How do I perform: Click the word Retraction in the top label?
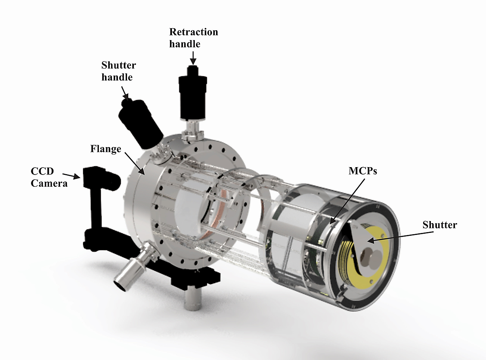tap(194, 32)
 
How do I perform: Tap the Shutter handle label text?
tap(118, 71)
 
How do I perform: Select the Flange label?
tap(105, 148)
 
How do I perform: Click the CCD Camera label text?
tap(49, 178)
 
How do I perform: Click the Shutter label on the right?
tap(440, 225)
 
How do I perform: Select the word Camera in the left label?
tap(49, 183)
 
